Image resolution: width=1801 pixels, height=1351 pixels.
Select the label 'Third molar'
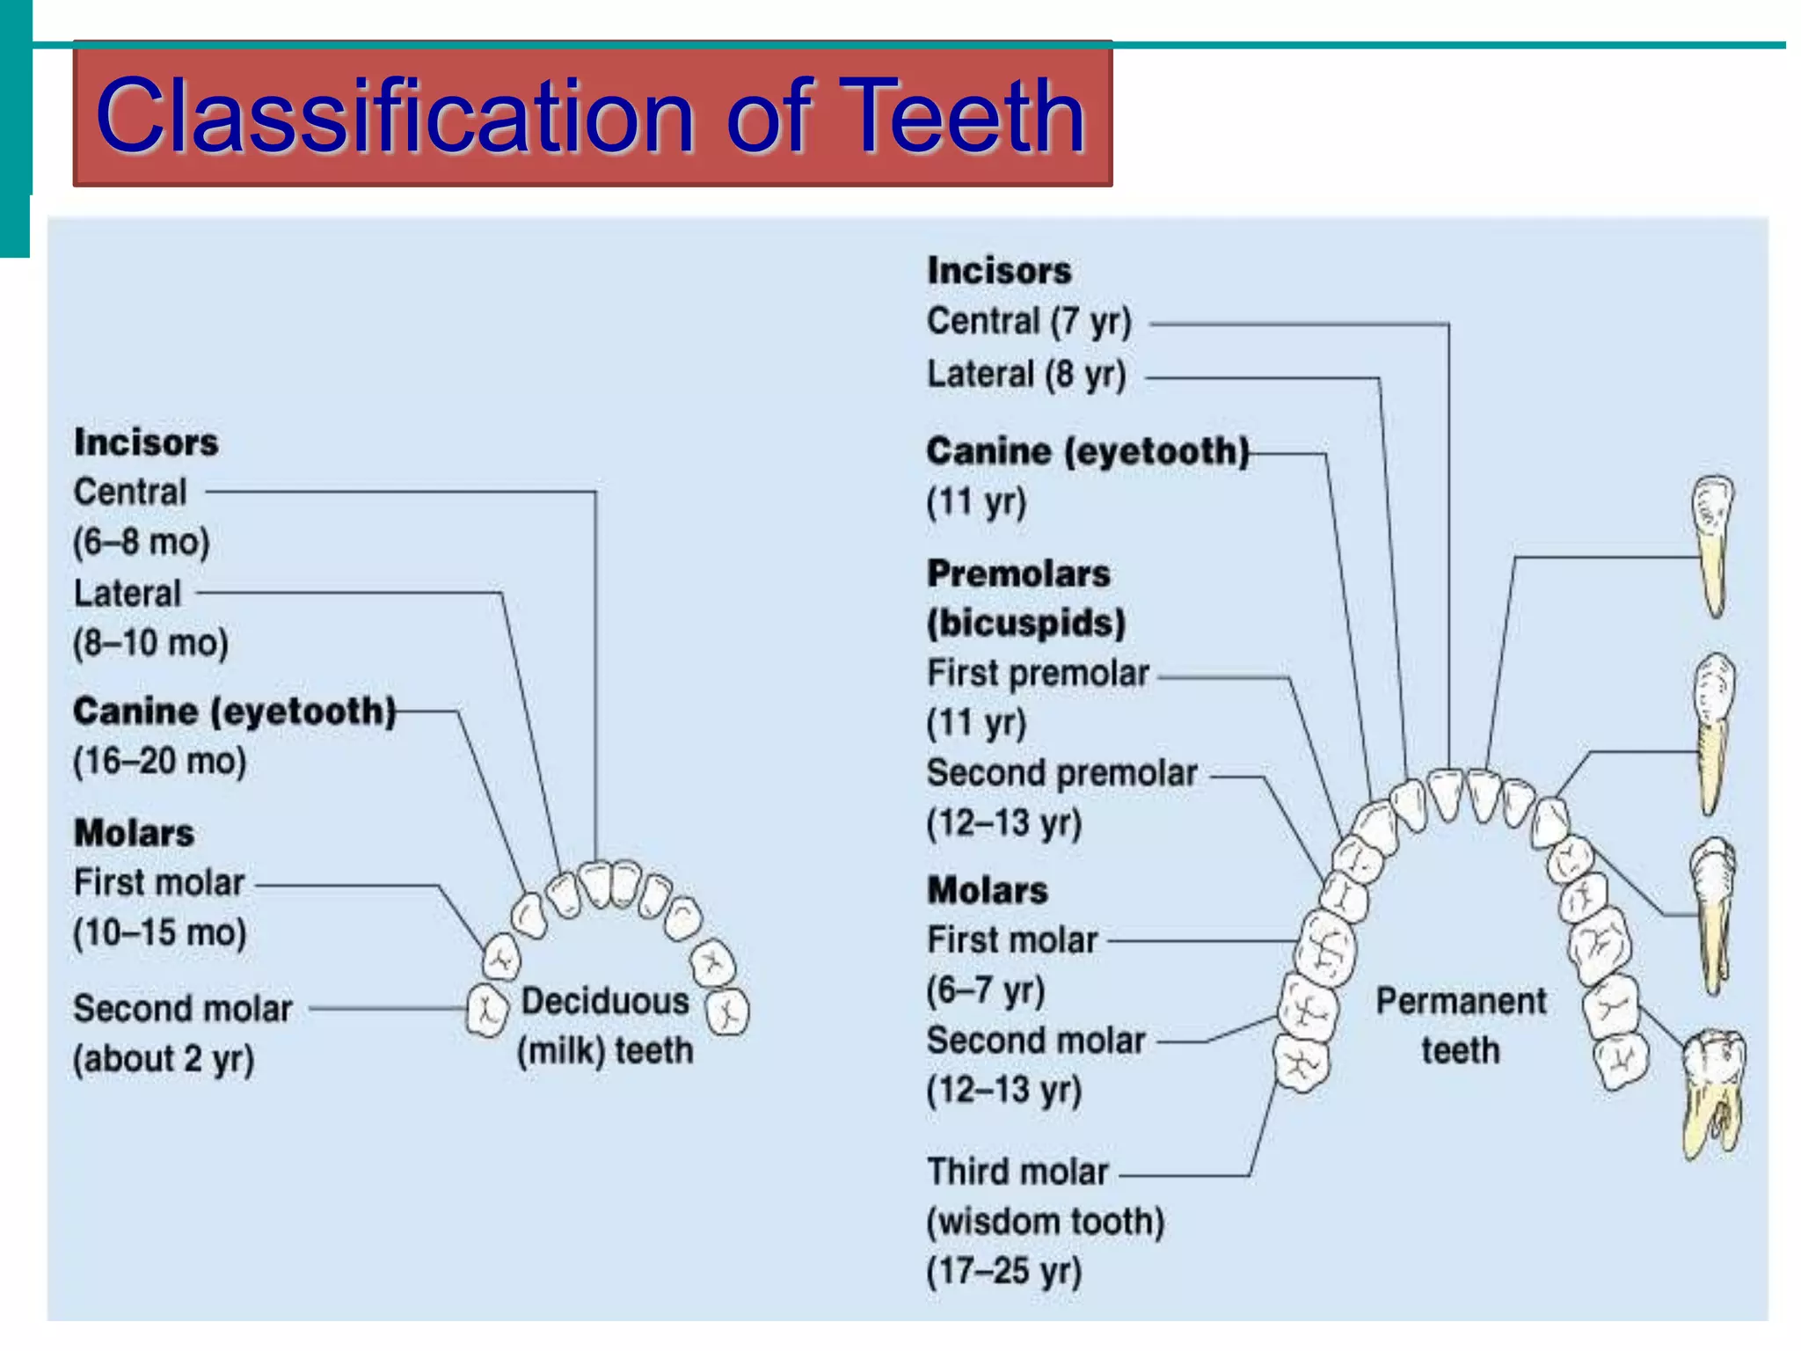pyautogui.click(x=1017, y=1172)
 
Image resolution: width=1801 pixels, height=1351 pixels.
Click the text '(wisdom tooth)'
pyautogui.click(x=1046, y=1223)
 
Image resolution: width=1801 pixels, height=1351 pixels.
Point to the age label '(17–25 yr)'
pyautogui.click(x=1003, y=1272)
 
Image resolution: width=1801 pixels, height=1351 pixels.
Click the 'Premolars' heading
pyautogui.click(x=1018, y=574)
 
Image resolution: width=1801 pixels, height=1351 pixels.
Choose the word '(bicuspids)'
pyautogui.click(x=1026, y=624)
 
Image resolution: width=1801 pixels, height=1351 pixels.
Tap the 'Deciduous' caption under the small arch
pyautogui.click(x=605, y=1002)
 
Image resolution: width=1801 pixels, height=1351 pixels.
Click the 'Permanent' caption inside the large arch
pyautogui.click(x=1461, y=1002)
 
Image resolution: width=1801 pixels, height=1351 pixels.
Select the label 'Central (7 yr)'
pyautogui.click(x=1029, y=322)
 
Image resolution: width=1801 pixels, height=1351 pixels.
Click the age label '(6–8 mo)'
pyautogui.click(x=142, y=543)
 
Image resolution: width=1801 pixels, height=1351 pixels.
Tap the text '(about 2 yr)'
pyautogui.click(x=164, y=1060)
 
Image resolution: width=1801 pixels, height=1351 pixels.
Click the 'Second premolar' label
pyautogui.click(x=1061, y=774)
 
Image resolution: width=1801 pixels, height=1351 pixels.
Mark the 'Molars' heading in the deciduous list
pyautogui.click(x=134, y=833)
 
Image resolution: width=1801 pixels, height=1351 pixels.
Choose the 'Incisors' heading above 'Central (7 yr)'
pyautogui.click(x=999, y=271)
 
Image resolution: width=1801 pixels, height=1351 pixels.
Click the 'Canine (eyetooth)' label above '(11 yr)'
pyautogui.click(x=1087, y=452)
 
